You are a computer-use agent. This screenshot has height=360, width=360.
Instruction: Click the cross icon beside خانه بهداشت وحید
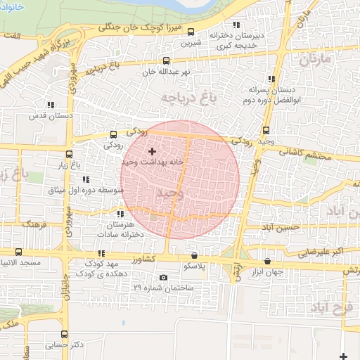pyautogui.click(x=152, y=150)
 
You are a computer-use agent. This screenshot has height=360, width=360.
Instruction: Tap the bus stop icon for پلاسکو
pyautogui.click(x=195, y=256)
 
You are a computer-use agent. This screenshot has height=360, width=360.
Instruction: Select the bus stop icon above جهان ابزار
pyautogui.click(x=268, y=261)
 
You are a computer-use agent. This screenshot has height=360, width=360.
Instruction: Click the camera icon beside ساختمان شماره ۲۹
pyautogui.click(x=164, y=277)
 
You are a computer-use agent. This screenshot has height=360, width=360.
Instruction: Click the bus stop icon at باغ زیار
pyautogui.click(x=68, y=154)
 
